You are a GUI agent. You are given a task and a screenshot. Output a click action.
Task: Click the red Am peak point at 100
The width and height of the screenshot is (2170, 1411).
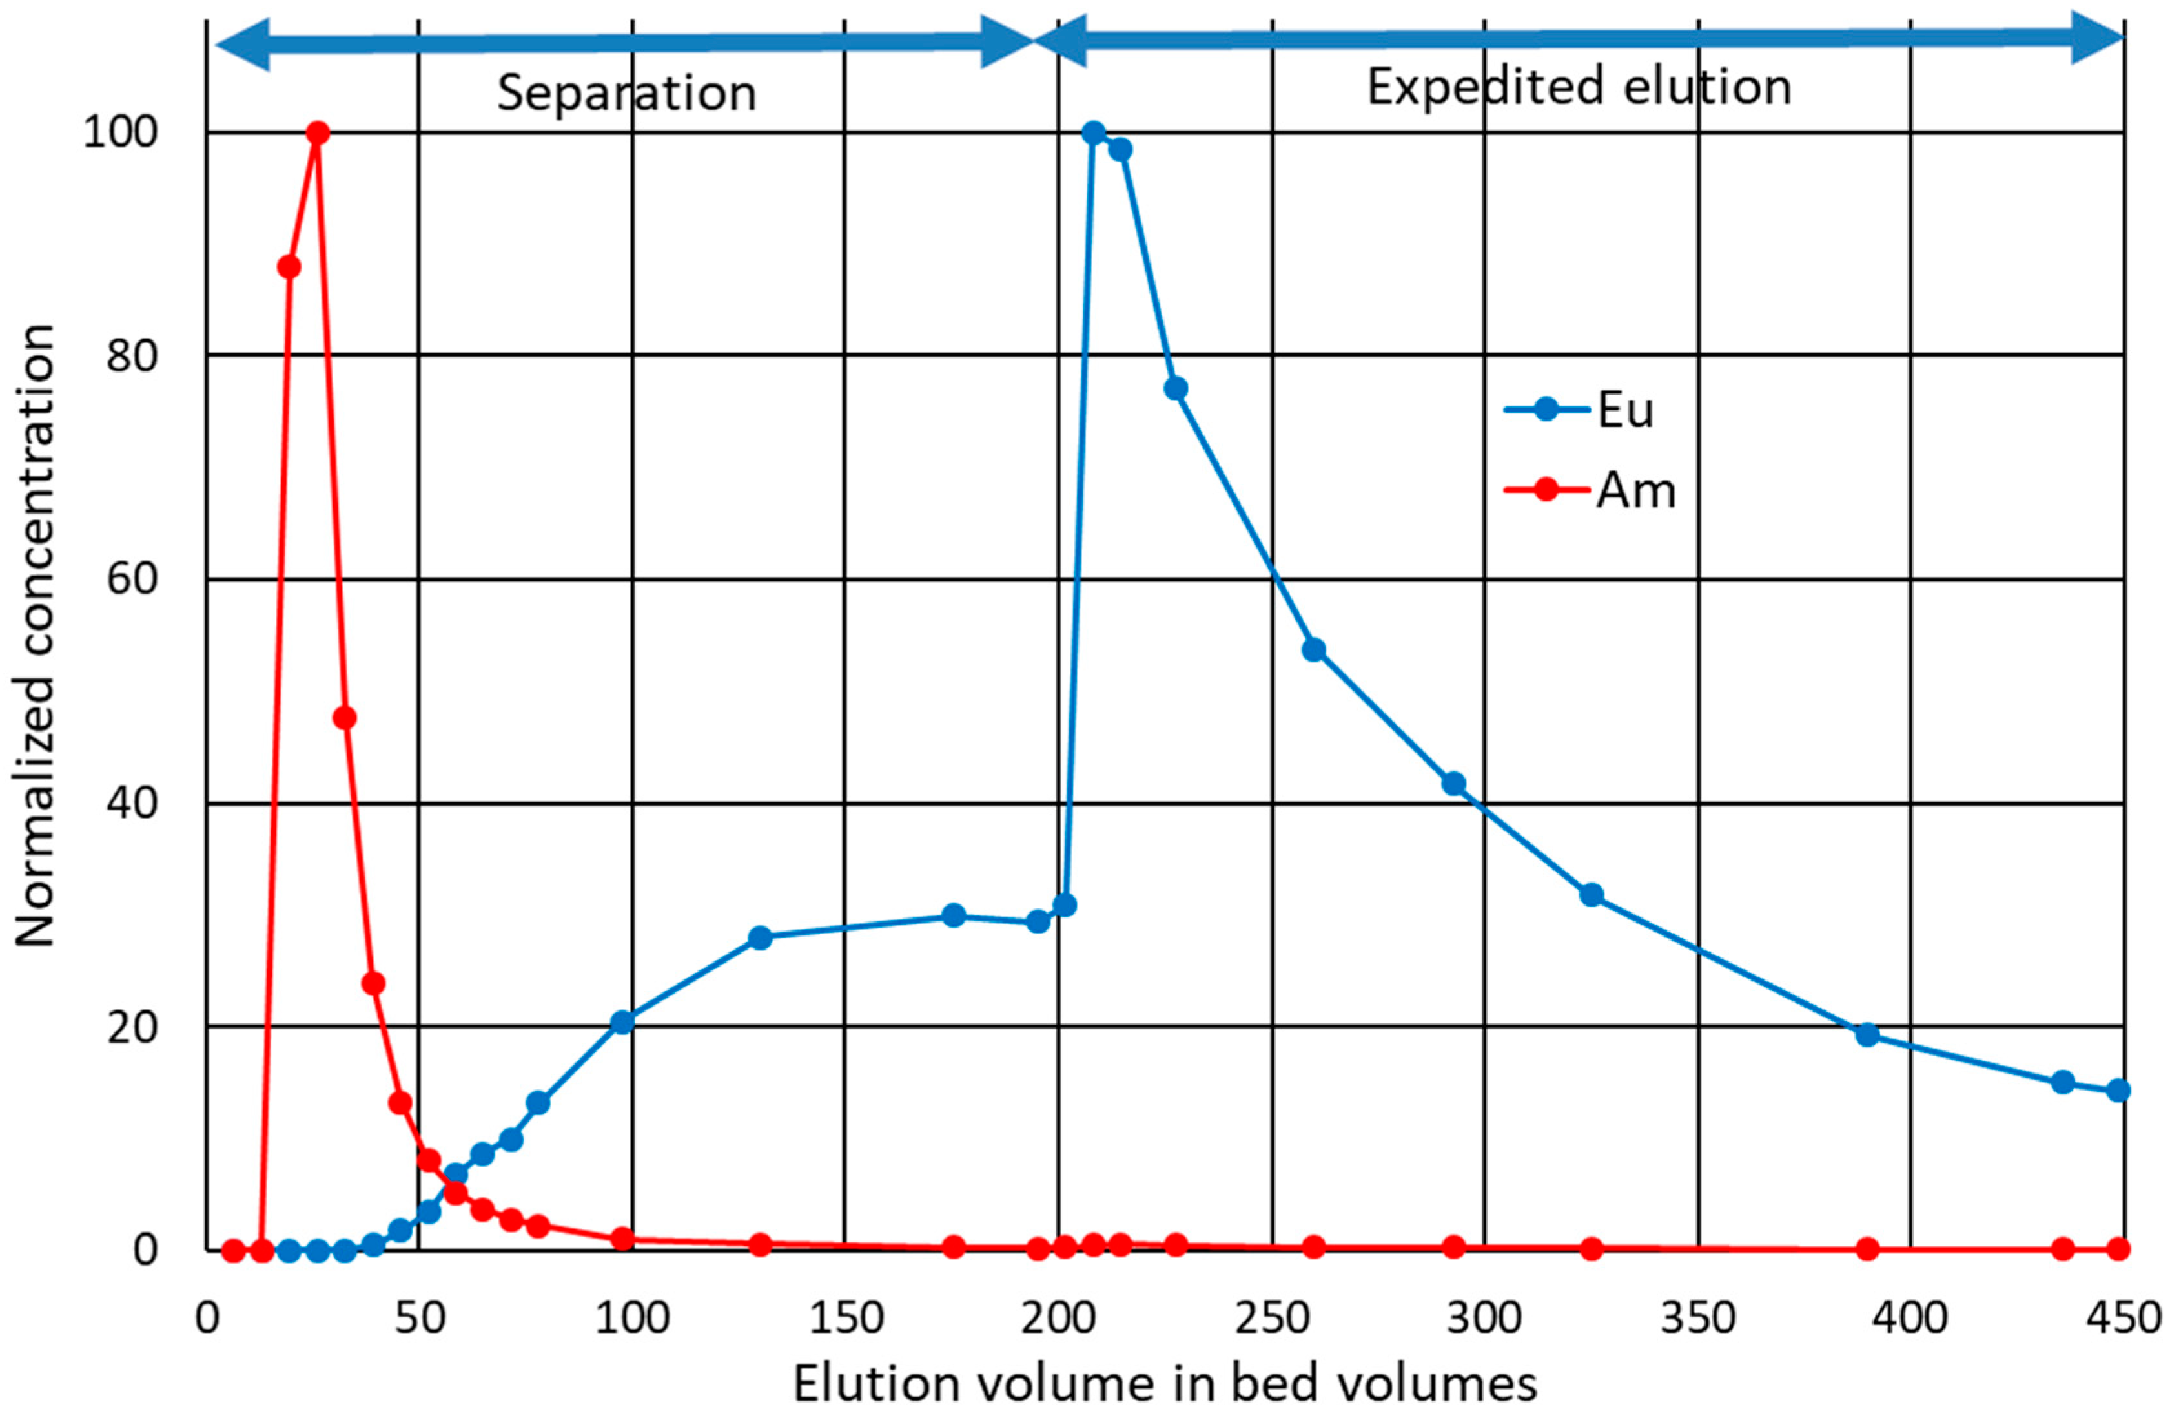(x=317, y=133)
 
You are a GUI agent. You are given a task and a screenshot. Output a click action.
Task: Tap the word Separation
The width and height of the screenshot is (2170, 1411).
(x=626, y=93)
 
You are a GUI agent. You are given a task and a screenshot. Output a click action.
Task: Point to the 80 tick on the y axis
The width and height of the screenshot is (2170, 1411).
(x=132, y=356)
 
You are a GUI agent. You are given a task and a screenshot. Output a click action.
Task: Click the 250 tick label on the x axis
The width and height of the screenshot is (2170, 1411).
(x=1272, y=1318)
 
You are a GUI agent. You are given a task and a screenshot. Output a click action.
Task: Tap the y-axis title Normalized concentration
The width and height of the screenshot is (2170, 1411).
(x=36, y=636)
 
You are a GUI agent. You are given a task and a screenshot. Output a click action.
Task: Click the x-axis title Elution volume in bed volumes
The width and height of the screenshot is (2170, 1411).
(x=1164, y=1383)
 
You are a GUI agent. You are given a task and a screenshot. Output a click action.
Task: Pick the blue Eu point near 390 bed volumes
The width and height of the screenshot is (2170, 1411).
(x=1867, y=1034)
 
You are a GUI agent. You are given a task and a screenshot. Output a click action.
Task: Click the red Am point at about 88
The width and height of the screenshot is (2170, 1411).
(x=289, y=266)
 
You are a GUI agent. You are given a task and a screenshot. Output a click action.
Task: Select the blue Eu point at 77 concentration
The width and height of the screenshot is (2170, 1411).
(x=1176, y=388)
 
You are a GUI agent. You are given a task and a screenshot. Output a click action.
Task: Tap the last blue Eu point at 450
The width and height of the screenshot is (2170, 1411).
(x=2119, y=1090)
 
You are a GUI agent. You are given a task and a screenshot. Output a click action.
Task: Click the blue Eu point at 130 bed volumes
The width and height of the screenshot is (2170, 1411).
(x=759, y=937)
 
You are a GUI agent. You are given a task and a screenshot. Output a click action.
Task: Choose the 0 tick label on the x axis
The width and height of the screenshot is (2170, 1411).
(x=208, y=1318)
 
